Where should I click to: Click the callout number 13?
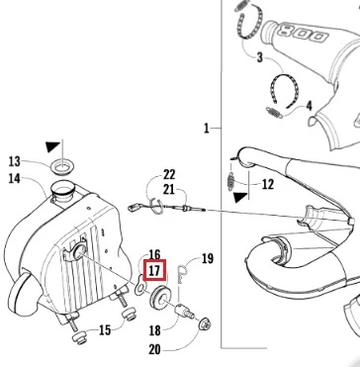coord(15,161)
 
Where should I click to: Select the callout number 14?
coord(15,179)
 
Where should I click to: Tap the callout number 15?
coord(105,329)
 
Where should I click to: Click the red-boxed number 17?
coord(154,271)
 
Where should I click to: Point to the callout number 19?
coord(208,258)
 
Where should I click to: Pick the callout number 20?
coord(154,350)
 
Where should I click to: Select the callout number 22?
coord(169,174)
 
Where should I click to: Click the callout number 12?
coord(267,184)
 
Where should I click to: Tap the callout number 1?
coord(207,128)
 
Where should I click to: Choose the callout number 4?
coord(309,106)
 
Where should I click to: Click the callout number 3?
coord(260,57)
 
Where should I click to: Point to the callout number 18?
coord(155,330)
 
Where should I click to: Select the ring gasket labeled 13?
coord(62,167)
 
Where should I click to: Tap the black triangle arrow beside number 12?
coord(240,198)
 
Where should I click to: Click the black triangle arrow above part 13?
coord(52,146)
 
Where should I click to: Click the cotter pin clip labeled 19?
coord(181,274)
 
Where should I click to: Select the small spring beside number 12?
coord(231,182)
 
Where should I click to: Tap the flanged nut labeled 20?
coord(205,324)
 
